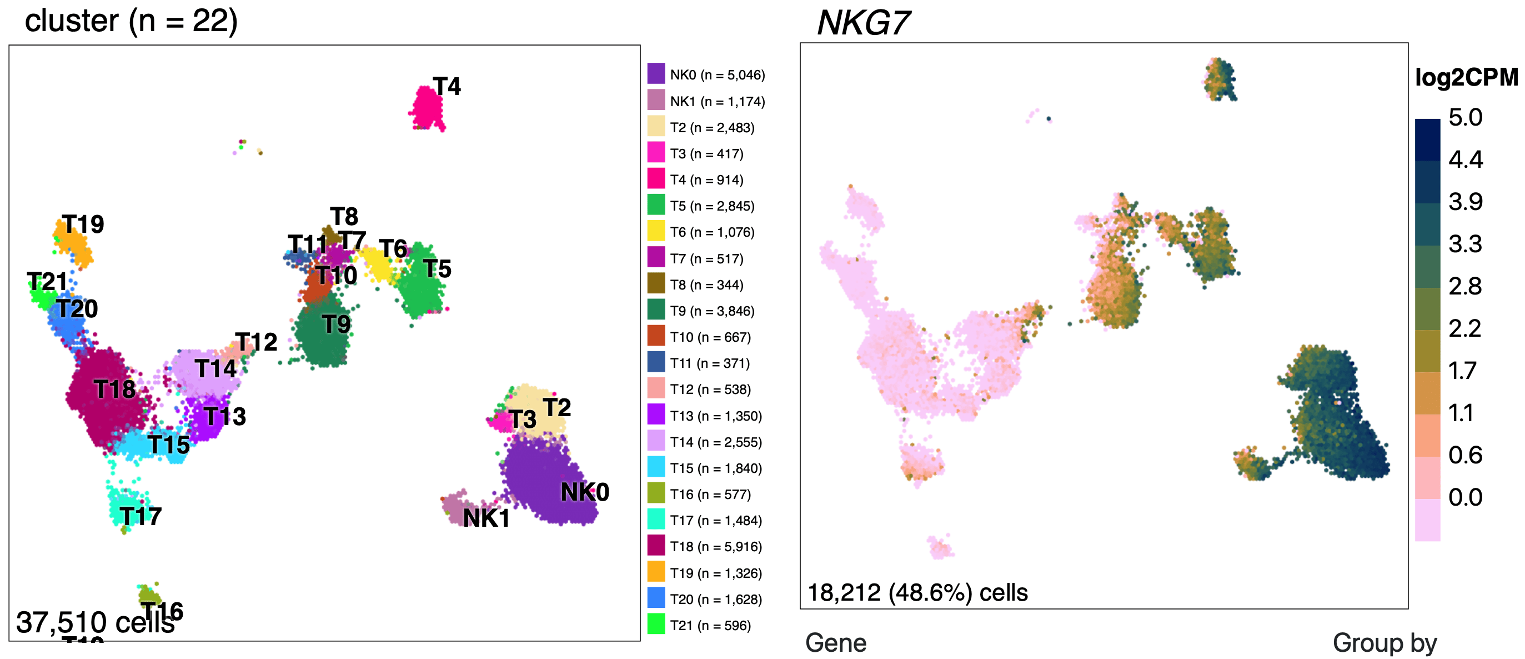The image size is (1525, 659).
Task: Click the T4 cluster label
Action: tap(447, 87)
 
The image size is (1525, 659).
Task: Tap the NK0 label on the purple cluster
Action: tap(584, 492)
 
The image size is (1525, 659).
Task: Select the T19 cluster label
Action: tap(83, 224)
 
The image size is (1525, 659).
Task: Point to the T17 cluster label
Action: tap(141, 516)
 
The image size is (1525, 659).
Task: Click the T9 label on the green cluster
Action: tap(336, 324)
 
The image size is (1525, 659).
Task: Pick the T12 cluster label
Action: tap(256, 342)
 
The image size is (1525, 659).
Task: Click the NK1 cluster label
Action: tap(486, 518)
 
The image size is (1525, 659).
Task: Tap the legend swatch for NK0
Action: tap(656, 74)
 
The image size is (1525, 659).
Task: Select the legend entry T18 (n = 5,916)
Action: tap(715, 547)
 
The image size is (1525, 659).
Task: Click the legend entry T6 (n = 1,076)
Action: tap(711, 232)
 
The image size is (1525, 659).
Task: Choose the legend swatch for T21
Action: tap(656, 625)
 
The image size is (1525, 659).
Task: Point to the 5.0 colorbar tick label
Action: tap(1465, 117)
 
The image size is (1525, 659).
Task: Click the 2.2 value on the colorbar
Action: tap(1464, 328)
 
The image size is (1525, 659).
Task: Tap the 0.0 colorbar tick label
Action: tap(1465, 497)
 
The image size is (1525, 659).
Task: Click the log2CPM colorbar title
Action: tap(1466, 78)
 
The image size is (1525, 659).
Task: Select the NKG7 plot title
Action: tap(862, 24)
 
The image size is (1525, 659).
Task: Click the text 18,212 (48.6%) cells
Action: tap(917, 592)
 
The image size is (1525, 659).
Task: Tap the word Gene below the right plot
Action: tap(835, 643)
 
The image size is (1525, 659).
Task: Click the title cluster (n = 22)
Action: tap(131, 21)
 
